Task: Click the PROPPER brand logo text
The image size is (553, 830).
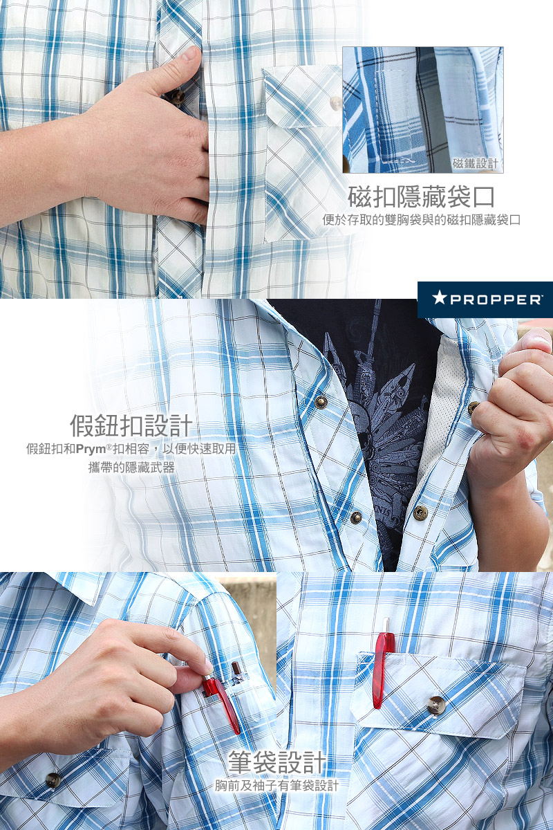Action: pyautogui.click(x=496, y=299)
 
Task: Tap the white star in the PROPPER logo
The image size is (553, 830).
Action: pyautogui.click(x=439, y=297)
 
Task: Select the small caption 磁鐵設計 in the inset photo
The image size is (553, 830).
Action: pyautogui.click(x=475, y=163)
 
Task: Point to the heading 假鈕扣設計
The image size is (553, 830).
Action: pyautogui.click(x=131, y=426)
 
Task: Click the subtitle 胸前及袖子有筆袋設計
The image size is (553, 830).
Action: pyautogui.click(x=276, y=785)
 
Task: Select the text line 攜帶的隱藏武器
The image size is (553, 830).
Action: pyautogui.click(x=131, y=468)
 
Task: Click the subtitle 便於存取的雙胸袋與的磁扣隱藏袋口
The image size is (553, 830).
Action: pyautogui.click(x=422, y=220)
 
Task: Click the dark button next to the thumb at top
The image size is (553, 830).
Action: pyautogui.click(x=177, y=97)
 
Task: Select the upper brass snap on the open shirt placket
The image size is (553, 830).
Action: pyautogui.click(x=321, y=401)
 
